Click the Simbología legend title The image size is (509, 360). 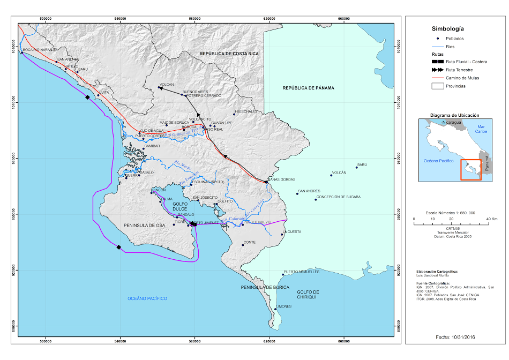pyautogui.click(x=447, y=29)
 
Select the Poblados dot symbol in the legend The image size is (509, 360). pyautogui.click(x=438, y=39)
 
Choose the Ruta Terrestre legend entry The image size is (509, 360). pyautogui.click(x=461, y=70)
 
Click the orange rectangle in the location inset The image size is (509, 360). pyautogui.click(x=471, y=169)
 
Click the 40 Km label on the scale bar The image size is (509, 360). pyautogui.click(x=491, y=219)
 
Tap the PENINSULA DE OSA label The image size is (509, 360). pyautogui.click(x=145, y=226)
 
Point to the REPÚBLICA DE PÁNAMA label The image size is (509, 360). pyautogui.click(x=308, y=88)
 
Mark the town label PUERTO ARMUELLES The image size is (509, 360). pyautogui.click(x=301, y=272)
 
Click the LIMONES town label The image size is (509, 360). pyautogui.click(x=283, y=306)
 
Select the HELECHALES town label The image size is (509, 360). pyautogui.click(x=246, y=111)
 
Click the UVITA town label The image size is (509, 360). pyautogui.click(x=104, y=92)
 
